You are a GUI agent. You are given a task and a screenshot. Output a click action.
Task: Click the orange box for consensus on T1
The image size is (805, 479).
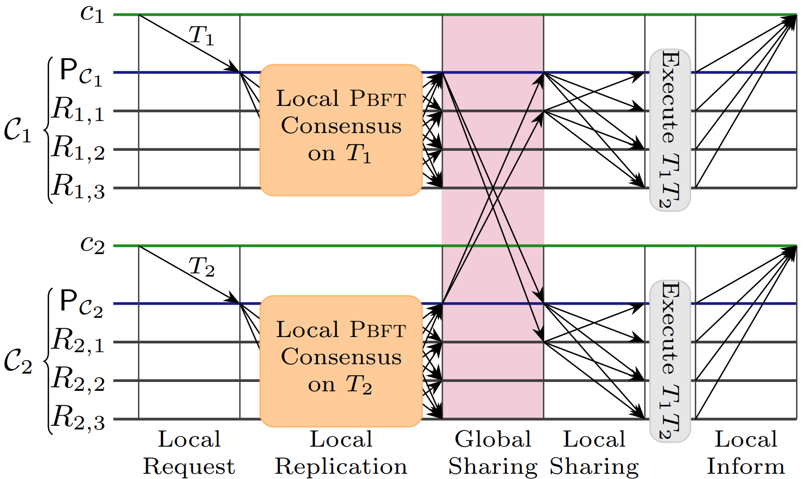[x=341, y=130]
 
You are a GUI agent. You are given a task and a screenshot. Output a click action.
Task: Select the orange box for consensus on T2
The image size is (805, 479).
[x=341, y=361]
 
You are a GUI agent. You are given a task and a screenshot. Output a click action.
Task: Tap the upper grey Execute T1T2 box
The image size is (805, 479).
[x=670, y=130]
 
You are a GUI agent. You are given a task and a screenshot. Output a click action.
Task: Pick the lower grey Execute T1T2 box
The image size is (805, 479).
[x=670, y=361]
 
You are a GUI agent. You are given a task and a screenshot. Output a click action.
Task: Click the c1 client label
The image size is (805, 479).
[x=92, y=15]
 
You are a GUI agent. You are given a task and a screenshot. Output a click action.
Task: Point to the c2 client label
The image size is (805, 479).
[x=92, y=246]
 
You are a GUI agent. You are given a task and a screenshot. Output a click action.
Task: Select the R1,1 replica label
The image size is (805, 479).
[x=78, y=110]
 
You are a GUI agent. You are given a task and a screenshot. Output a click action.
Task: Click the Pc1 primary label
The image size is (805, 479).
[x=81, y=73]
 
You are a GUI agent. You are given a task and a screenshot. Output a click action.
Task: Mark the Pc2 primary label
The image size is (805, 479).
[x=81, y=304]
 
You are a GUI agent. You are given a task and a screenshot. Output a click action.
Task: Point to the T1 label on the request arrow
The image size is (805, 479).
[x=201, y=36]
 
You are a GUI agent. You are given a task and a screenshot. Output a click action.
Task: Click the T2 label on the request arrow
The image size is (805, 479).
[x=202, y=267]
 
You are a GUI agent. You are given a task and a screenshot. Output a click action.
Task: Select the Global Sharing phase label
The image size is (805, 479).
[x=493, y=452]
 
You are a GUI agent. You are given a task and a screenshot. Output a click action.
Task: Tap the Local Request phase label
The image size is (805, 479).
[x=189, y=453]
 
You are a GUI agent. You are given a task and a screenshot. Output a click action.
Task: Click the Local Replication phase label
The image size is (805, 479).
[x=341, y=453]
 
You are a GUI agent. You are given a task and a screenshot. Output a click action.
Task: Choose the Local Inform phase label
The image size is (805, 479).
[x=746, y=452]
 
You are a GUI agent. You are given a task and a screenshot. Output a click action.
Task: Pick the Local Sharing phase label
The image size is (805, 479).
[x=594, y=453]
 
